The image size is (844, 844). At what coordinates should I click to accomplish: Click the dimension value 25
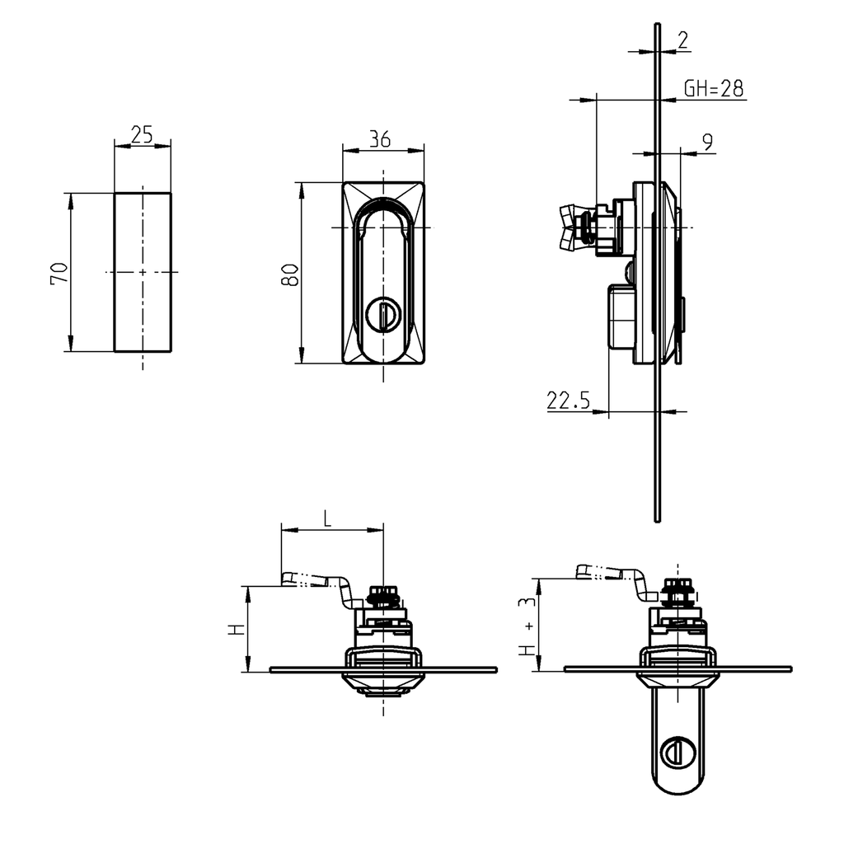(142, 134)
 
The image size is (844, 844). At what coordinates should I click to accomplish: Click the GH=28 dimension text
(714, 89)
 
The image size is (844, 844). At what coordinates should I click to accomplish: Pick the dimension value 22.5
(568, 401)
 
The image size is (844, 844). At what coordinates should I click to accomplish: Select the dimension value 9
(707, 143)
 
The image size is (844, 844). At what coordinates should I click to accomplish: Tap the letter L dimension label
(327, 518)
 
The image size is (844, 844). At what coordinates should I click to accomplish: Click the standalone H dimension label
(237, 629)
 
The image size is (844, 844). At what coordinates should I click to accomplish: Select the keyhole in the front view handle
(382, 315)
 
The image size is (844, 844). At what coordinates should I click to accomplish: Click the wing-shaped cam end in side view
(570, 227)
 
